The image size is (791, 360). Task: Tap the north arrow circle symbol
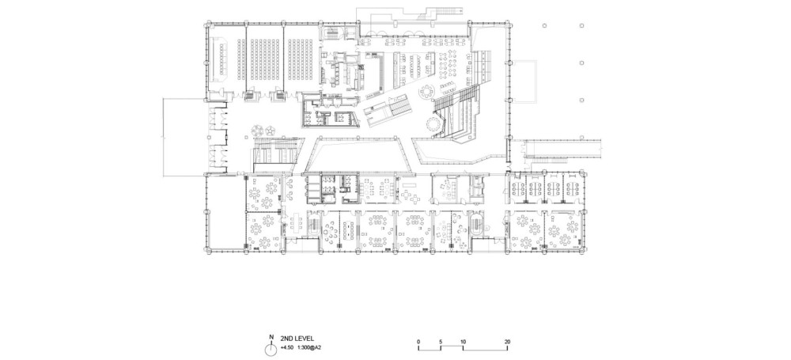click(x=271, y=349)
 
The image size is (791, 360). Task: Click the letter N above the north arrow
click(x=271, y=337)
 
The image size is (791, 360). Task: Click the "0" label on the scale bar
click(x=418, y=342)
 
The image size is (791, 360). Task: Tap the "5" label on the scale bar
click(x=441, y=342)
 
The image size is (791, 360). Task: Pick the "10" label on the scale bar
click(x=463, y=342)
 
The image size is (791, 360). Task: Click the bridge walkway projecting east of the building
click(x=560, y=148)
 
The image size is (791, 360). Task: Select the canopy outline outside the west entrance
click(x=184, y=137)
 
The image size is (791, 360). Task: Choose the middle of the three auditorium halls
click(x=264, y=59)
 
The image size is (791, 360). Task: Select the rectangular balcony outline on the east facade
click(x=523, y=81)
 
